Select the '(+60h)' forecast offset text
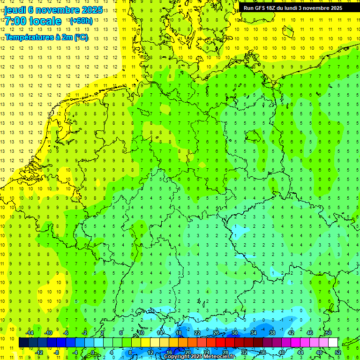pos(81,21)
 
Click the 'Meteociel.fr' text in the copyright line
pos(218,357)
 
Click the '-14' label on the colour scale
pos(30,333)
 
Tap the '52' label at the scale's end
pos(337,352)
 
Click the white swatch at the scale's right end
pos(333,343)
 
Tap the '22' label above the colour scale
pos(197,333)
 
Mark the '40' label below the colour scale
pos(281,352)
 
